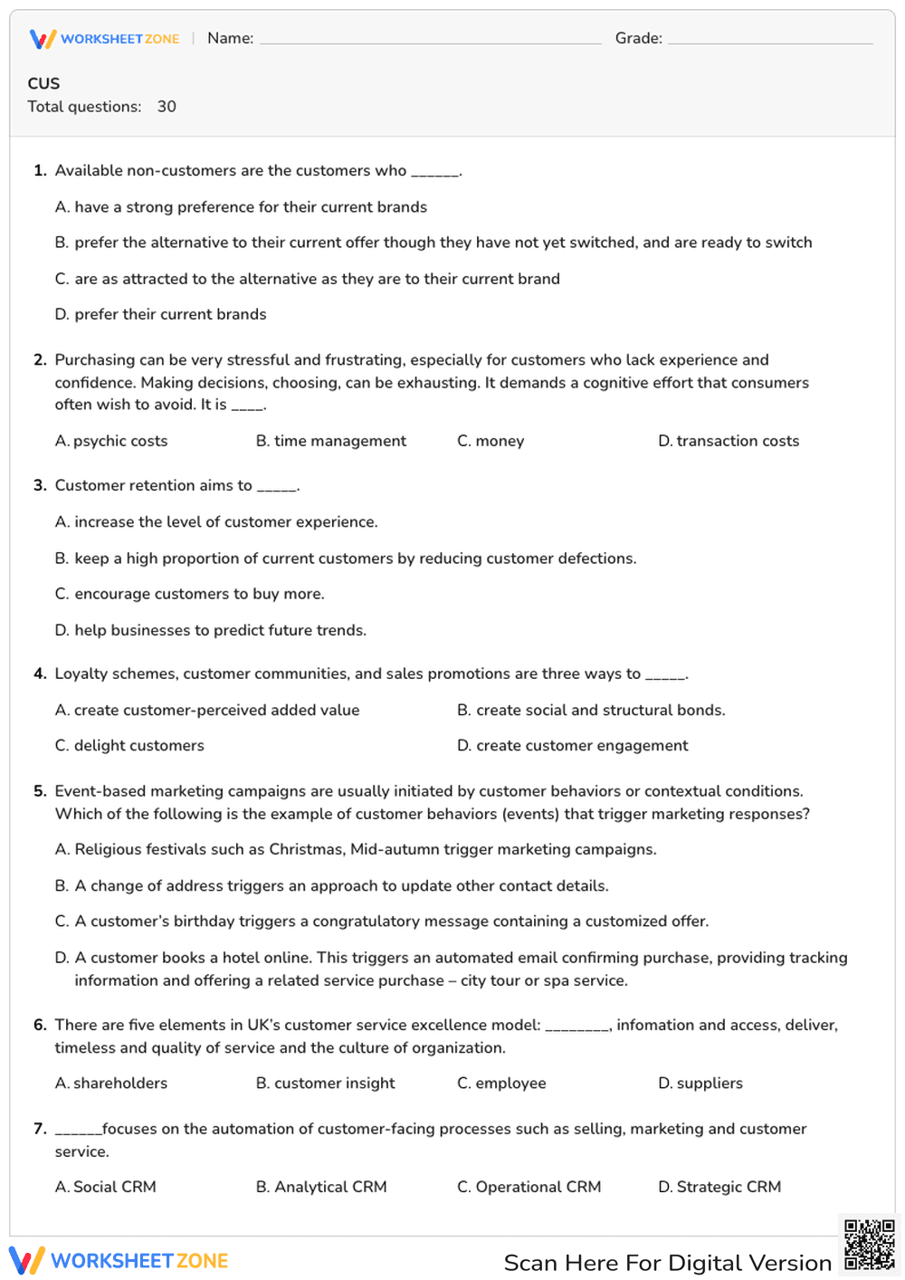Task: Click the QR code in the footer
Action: coord(870,1246)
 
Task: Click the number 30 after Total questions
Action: coord(167,107)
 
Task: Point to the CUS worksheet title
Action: coord(43,83)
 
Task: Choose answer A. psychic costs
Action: coord(111,441)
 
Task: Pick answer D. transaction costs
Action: coord(729,441)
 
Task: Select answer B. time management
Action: coord(331,441)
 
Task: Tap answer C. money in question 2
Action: coord(491,441)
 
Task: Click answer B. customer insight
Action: coord(326,1083)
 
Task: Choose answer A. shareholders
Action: coord(111,1083)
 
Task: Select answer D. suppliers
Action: coord(700,1083)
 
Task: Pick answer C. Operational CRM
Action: coord(529,1187)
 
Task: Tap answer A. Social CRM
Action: coord(106,1187)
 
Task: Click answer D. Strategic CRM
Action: coord(719,1187)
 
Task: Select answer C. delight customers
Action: coord(129,746)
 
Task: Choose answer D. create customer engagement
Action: coord(573,746)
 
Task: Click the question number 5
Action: coord(40,791)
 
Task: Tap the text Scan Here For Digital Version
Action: coord(667,1263)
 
